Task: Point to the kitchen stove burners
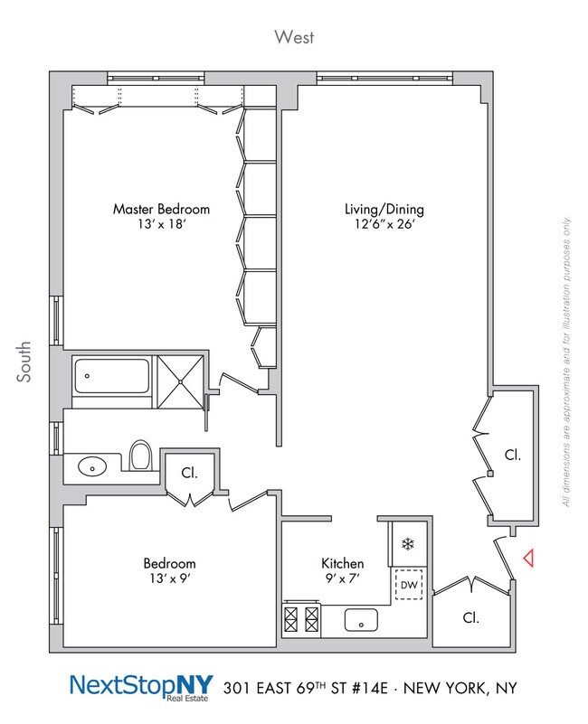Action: click(x=302, y=619)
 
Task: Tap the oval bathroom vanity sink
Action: click(x=90, y=467)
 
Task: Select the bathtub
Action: click(x=113, y=374)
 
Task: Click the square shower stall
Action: click(x=182, y=374)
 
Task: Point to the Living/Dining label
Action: click(x=384, y=209)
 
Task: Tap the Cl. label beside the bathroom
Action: click(x=189, y=472)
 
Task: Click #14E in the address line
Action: click(x=373, y=689)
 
